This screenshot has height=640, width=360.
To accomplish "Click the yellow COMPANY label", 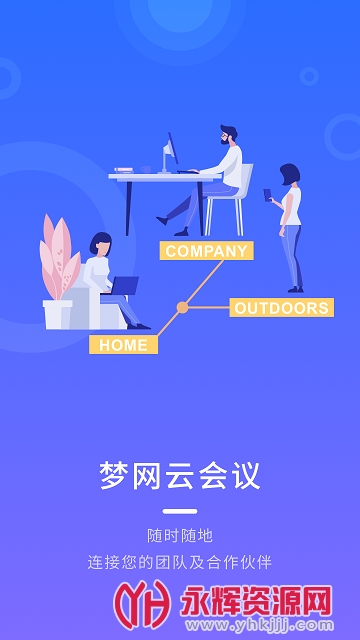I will (206, 251).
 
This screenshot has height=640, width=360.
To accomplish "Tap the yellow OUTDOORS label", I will (281, 308).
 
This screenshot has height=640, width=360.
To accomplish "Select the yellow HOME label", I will (124, 345).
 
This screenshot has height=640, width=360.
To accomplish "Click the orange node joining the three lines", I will (182, 308).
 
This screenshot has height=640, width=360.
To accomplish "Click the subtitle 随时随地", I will (180, 536).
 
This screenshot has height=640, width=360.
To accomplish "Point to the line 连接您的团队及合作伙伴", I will (180, 562).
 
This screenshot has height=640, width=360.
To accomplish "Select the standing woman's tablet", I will (267, 195).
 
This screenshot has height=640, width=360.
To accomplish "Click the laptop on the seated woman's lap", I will (123, 286).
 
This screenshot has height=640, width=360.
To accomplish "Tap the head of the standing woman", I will (289, 174).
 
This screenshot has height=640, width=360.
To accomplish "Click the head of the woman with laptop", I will (101, 243).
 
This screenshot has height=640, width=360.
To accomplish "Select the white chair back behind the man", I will (245, 185).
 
